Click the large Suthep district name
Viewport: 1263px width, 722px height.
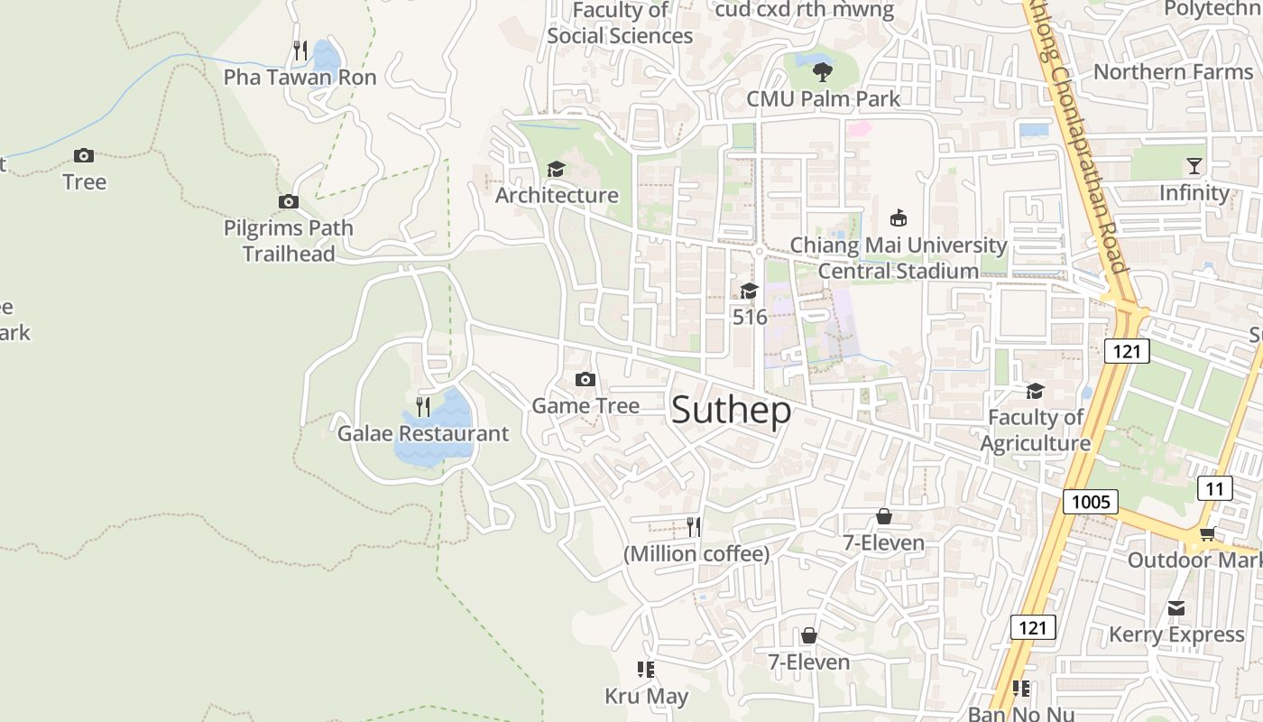732,411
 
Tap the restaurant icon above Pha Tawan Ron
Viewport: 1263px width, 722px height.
300,51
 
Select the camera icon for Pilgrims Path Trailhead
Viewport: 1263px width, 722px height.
289,201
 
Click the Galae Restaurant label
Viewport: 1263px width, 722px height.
423,434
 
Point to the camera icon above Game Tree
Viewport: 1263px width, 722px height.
585,379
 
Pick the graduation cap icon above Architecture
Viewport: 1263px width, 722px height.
556,169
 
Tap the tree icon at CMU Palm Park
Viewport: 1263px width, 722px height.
822,70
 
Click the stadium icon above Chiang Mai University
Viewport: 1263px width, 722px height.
898,218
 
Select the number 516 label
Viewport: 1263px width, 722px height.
750,317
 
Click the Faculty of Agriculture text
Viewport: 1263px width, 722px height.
1036,430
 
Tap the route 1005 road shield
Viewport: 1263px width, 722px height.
1090,502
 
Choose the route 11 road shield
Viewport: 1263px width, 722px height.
1214,488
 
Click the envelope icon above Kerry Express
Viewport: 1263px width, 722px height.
1176,608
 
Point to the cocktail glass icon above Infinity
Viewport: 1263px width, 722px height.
1194,166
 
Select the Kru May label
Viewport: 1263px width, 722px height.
646,697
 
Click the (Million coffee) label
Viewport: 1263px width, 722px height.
696,554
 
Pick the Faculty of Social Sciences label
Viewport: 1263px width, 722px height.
620,23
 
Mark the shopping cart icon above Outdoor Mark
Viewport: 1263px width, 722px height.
1207,534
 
